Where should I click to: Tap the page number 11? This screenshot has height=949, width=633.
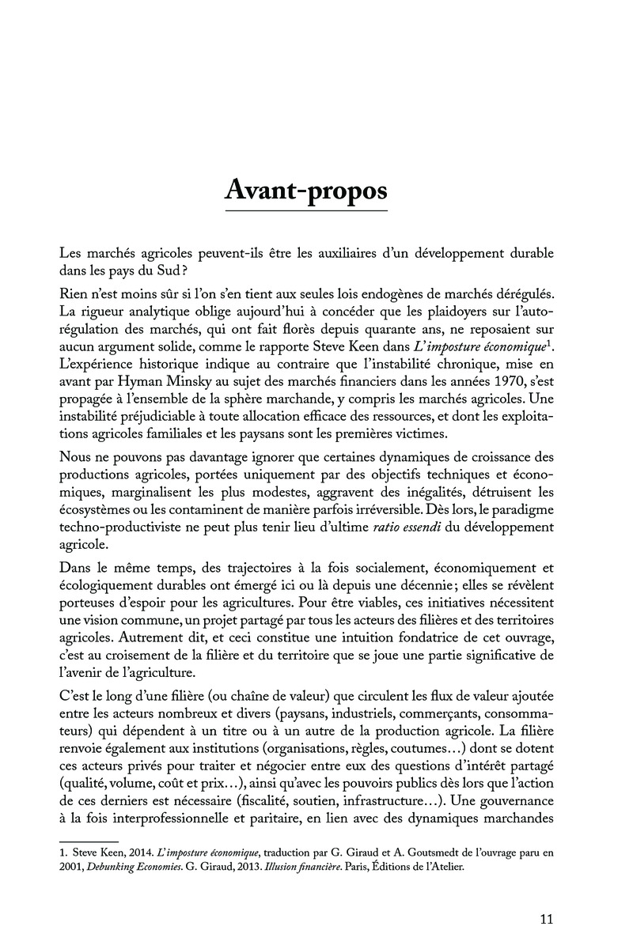545,919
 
